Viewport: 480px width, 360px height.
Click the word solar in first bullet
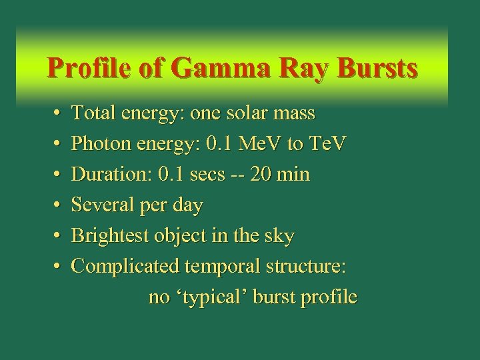point(247,114)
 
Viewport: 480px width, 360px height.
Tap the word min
point(294,175)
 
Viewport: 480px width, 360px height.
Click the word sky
point(280,237)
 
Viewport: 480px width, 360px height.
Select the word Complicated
point(125,267)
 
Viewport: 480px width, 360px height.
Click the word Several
point(100,206)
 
